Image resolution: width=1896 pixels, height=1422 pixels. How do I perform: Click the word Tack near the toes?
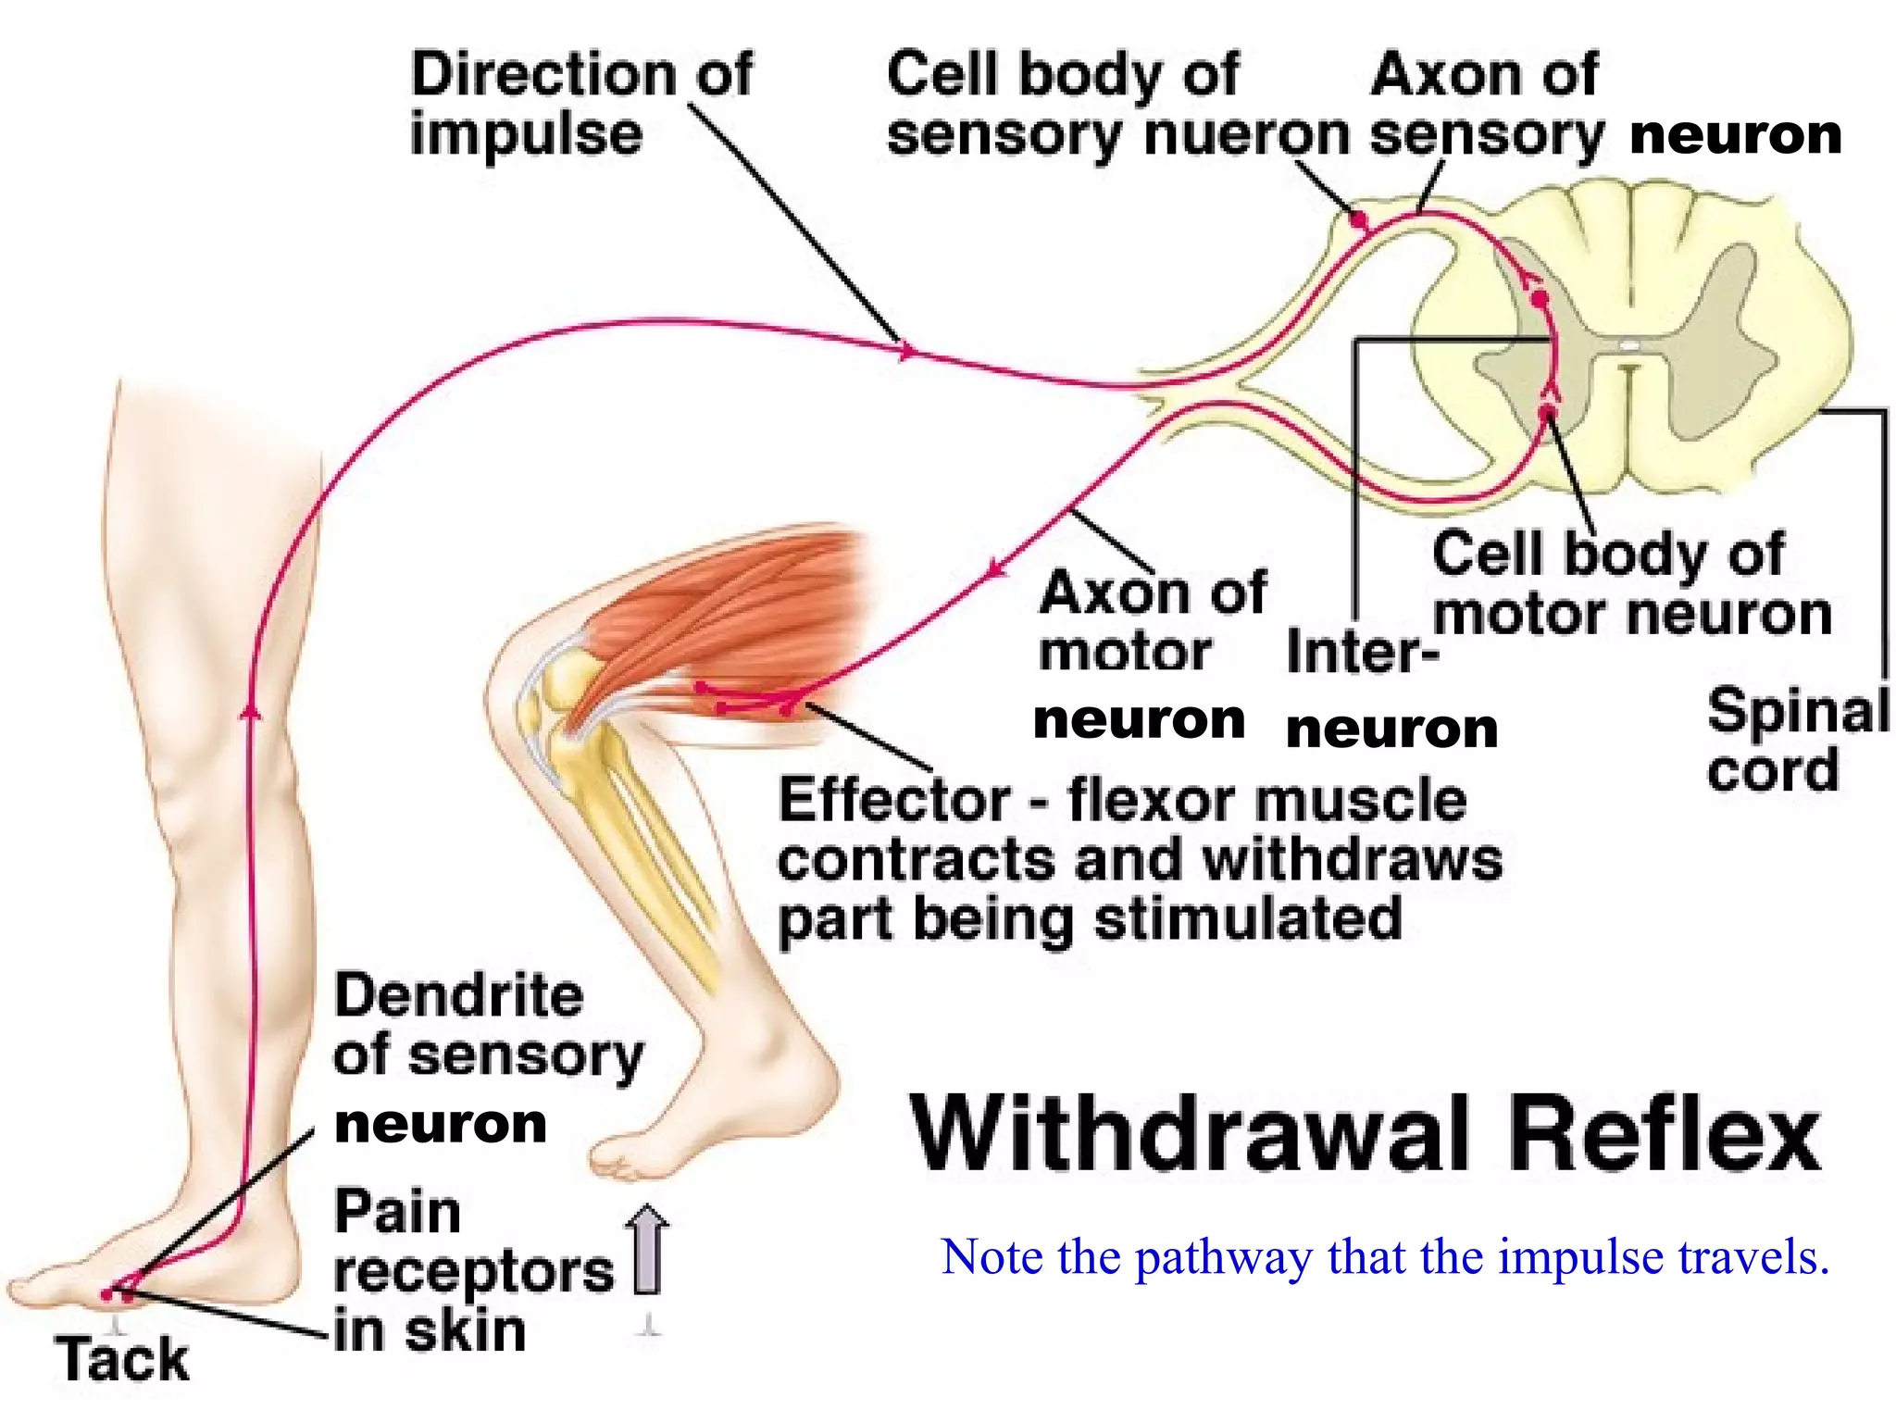click(x=122, y=1359)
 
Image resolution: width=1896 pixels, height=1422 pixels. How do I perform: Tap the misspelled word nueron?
click(x=1246, y=135)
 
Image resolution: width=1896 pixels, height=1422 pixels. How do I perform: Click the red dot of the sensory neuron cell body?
click(x=1358, y=220)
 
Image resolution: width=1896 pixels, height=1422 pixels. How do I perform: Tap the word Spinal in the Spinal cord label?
click(x=1797, y=711)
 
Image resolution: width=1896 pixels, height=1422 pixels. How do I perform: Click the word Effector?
click(x=894, y=800)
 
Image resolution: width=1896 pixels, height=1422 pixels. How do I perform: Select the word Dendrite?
click(x=458, y=996)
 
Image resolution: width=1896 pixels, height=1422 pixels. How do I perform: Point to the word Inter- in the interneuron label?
click(x=1362, y=652)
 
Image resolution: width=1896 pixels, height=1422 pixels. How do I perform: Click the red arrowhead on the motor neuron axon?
click(x=995, y=567)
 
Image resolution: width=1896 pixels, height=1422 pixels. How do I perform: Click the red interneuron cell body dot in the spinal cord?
click(x=1539, y=299)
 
